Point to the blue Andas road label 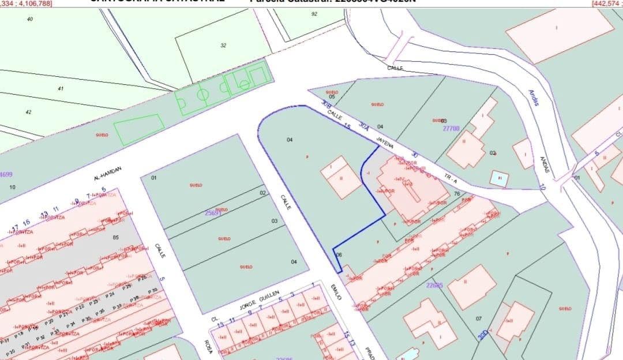(x=534, y=97)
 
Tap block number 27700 (x=451, y=129)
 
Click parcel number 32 (x=223, y=46)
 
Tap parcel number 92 (x=314, y=14)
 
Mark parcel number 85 (x=115, y=237)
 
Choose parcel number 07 (x=479, y=318)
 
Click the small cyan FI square (x=499, y=178)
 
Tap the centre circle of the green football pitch (x=202, y=95)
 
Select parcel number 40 (x=30, y=20)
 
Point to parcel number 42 (x=29, y=112)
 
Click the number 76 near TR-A (x=457, y=194)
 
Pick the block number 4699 (x=6, y=174)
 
